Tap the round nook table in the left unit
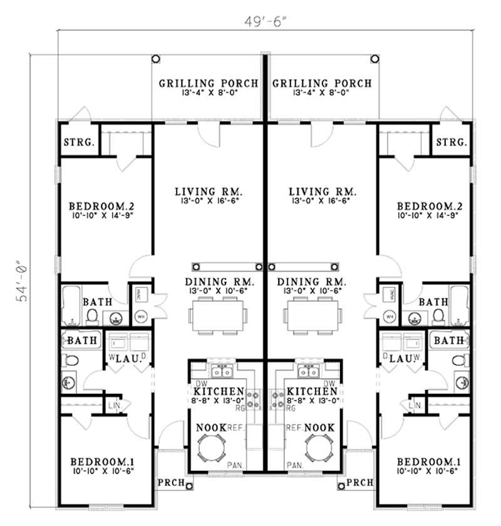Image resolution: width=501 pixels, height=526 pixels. click(x=211, y=448)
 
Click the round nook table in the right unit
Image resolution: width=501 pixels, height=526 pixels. click(x=319, y=448)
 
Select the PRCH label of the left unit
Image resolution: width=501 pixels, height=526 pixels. click(x=170, y=483)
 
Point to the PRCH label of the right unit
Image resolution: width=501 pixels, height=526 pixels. click(x=359, y=483)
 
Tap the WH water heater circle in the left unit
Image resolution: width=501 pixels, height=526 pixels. click(x=140, y=316)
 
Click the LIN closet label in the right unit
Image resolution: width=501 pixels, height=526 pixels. click(x=414, y=406)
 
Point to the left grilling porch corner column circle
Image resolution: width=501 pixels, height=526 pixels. click(x=155, y=58)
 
